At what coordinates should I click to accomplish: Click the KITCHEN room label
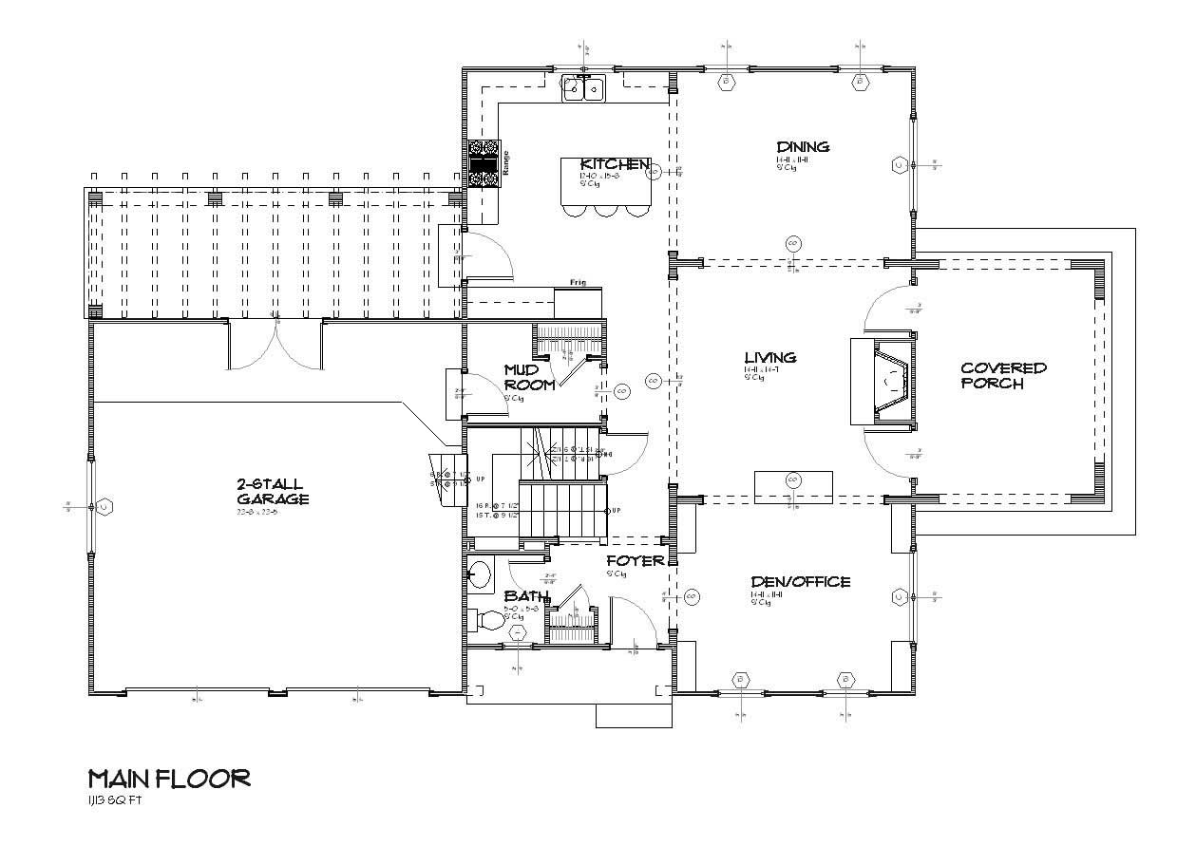coord(615,164)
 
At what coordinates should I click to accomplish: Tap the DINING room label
coord(803,146)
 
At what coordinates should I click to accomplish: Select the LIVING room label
coord(769,357)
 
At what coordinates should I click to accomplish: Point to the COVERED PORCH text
coord(1003,375)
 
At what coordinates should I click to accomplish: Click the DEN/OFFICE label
coord(800,581)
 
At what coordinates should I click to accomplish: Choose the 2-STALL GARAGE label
coord(272,491)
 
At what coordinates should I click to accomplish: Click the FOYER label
coord(636,561)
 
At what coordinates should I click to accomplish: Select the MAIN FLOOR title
coord(169,779)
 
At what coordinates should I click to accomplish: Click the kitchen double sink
coord(584,89)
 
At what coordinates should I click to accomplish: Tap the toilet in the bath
coord(488,619)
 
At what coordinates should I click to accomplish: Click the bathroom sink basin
coord(481,573)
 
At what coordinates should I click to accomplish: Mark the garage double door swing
coord(275,347)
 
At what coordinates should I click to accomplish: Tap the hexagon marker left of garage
coord(103,507)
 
